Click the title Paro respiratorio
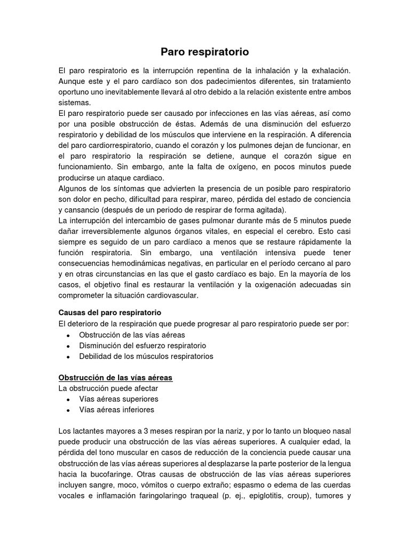(x=205, y=52)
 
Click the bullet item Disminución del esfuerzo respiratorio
(x=143, y=346)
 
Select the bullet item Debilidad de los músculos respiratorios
(x=146, y=356)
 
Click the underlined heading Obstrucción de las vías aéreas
(x=115, y=378)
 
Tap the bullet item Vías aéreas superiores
(x=119, y=399)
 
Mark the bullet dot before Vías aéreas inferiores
(x=68, y=410)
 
